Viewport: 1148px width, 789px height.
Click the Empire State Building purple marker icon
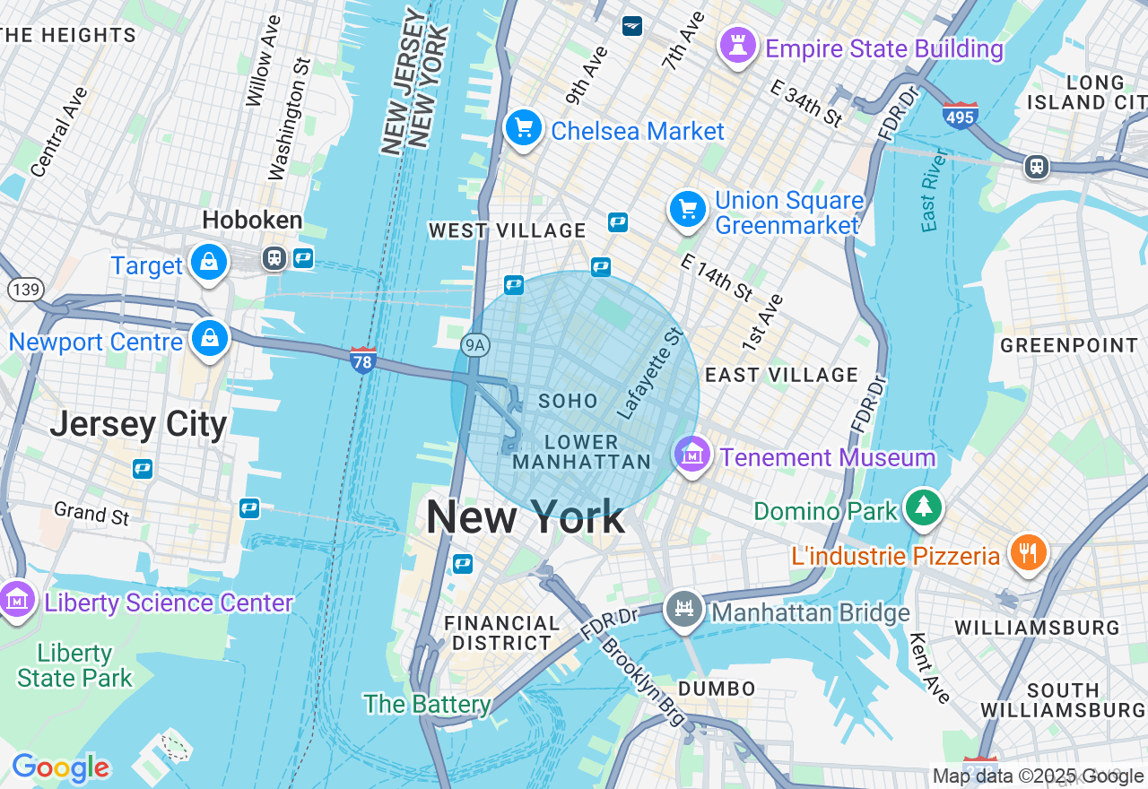(x=738, y=47)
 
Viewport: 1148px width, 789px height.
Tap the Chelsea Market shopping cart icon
(x=524, y=128)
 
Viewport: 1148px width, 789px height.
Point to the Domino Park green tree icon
(x=923, y=507)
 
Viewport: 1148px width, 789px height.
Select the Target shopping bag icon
(x=209, y=263)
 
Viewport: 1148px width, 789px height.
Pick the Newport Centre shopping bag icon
(x=209, y=339)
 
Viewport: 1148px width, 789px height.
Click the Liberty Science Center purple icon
(x=17, y=600)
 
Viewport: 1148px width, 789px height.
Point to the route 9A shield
(x=475, y=344)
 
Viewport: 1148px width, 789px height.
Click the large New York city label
(x=525, y=517)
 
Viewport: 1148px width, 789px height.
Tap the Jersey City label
(x=138, y=423)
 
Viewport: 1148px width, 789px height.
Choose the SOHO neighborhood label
(x=568, y=401)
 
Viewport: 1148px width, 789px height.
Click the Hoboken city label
(x=252, y=220)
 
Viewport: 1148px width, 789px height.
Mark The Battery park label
(x=426, y=705)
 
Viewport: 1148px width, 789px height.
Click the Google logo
(x=60, y=767)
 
